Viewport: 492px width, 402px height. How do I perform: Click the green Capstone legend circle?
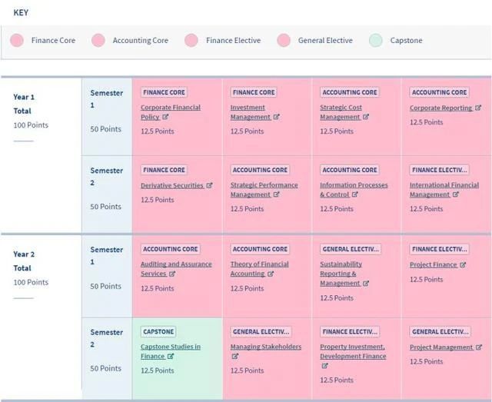click(x=375, y=41)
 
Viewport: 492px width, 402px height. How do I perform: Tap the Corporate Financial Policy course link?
click(x=170, y=108)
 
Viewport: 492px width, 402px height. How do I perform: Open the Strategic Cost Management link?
click(x=341, y=108)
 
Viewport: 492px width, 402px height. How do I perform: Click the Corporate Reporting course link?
click(x=441, y=108)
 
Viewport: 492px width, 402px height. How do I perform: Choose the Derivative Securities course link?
click(x=171, y=185)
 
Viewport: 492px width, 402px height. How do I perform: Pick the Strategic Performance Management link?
click(x=264, y=185)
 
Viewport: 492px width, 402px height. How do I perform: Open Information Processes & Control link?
click(x=354, y=185)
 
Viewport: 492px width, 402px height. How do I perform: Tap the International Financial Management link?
click(x=444, y=185)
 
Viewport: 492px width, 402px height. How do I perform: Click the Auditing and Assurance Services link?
click(x=175, y=264)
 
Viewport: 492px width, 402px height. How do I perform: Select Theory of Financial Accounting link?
click(x=259, y=264)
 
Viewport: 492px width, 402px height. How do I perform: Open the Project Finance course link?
click(x=433, y=264)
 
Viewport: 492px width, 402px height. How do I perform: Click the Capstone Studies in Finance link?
click(x=170, y=347)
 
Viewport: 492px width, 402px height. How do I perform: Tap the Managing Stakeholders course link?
click(x=265, y=347)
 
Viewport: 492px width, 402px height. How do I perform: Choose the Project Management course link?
click(x=440, y=347)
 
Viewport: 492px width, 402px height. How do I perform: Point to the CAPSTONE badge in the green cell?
click(x=158, y=332)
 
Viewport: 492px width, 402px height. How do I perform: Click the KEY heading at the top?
click(x=22, y=13)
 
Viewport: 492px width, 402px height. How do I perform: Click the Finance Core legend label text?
click(x=53, y=41)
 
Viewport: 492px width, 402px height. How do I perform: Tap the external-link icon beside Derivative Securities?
click(x=209, y=185)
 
